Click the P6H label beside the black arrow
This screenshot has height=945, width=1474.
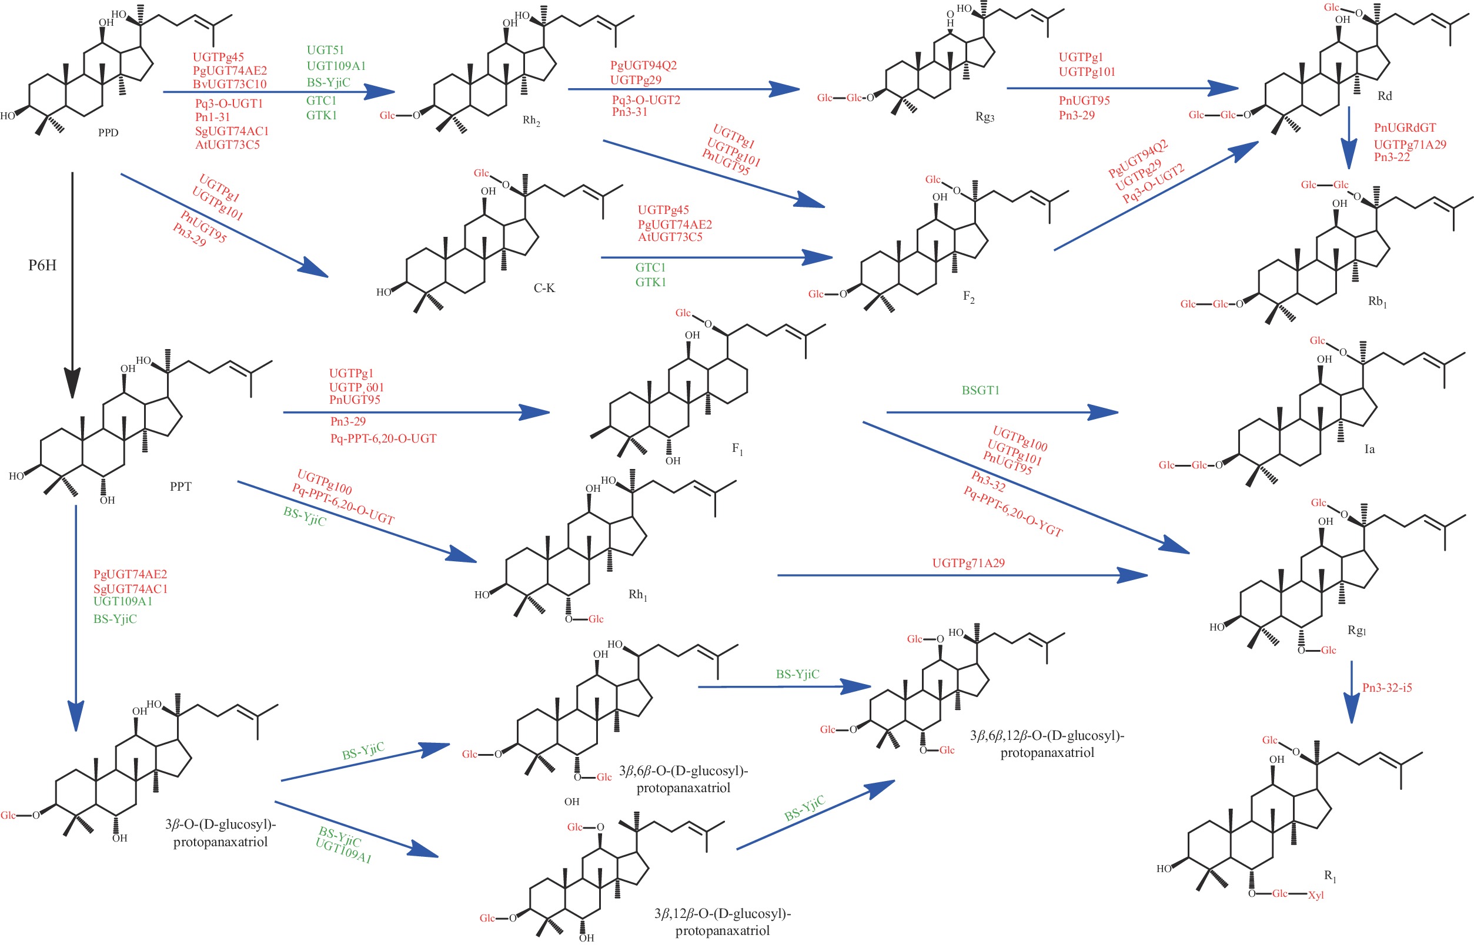pyautogui.click(x=42, y=265)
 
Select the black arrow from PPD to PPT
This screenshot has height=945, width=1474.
pyautogui.click(x=72, y=282)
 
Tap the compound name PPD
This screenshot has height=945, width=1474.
pyautogui.click(x=108, y=133)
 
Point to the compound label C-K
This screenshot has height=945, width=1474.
pyautogui.click(x=544, y=288)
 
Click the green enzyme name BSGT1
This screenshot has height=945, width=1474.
pyautogui.click(x=981, y=390)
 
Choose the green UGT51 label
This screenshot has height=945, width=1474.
pyautogui.click(x=325, y=51)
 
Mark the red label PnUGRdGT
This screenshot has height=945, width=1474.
pyautogui.click(x=1405, y=128)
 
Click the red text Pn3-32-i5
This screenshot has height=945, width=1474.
pyautogui.click(x=1387, y=688)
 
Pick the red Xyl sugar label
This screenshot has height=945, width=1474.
pyautogui.click(x=1316, y=895)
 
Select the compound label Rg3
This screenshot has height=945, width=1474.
pyautogui.click(x=985, y=116)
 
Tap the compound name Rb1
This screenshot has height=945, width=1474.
pyautogui.click(x=1377, y=301)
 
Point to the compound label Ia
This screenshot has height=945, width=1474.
pyautogui.click(x=1369, y=449)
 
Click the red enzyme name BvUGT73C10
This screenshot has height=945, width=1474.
pyautogui.click(x=230, y=84)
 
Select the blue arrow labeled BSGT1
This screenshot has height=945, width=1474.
pyautogui.click(x=1001, y=413)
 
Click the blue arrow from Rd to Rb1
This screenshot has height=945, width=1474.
pyautogui.click(x=1348, y=138)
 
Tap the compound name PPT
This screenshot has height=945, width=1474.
pyautogui.click(x=181, y=487)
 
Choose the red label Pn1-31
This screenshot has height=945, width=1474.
pyautogui.click(x=212, y=117)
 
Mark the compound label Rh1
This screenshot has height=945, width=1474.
pyautogui.click(x=637, y=595)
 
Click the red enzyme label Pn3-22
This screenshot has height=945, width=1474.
pyautogui.click(x=1392, y=157)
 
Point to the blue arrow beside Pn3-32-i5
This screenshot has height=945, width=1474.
pyautogui.click(x=1351, y=692)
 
